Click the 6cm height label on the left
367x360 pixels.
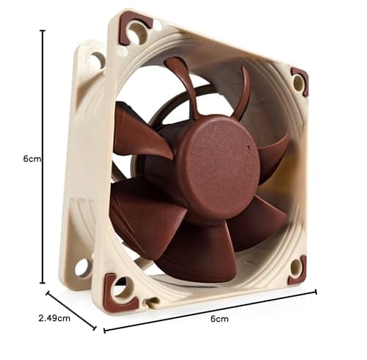click(x=31, y=158)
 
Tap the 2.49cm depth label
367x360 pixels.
click(x=54, y=318)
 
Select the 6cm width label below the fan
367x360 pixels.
click(x=219, y=318)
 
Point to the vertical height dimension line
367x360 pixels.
click(x=43, y=156)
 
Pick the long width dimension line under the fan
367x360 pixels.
click(x=210, y=309)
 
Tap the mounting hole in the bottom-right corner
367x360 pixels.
click(x=296, y=267)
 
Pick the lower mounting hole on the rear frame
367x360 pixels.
click(x=81, y=265)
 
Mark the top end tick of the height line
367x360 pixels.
click(x=43, y=31)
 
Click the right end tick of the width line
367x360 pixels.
click(x=316, y=291)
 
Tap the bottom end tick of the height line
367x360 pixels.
click(x=43, y=282)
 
